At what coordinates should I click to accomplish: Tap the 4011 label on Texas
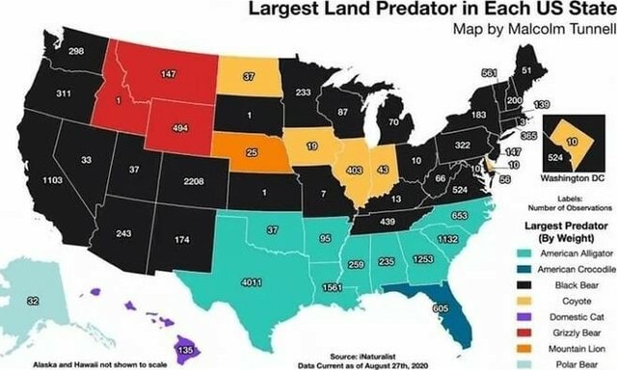(x=253, y=282)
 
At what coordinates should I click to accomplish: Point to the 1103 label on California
(x=54, y=179)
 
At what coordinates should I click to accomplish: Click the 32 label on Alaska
(x=34, y=302)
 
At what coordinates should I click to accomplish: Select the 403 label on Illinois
(x=353, y=170)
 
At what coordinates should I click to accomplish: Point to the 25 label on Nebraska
(x=252, y=152)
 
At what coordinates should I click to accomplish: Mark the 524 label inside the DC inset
(x=554, y=154)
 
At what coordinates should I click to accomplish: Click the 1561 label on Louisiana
(x=335, y=287)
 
